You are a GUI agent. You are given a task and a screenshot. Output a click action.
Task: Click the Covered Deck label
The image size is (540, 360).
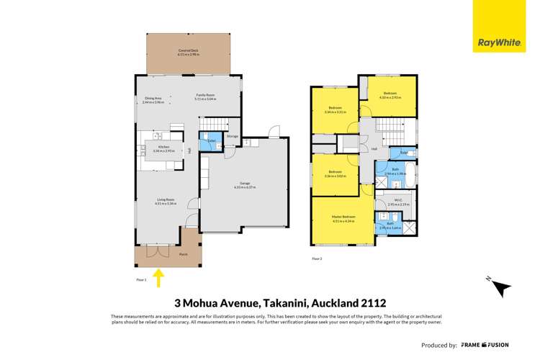(189, 52)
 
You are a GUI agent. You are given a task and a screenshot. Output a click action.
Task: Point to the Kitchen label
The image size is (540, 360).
(164, 149)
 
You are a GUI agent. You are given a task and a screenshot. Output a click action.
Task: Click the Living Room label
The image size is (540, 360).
(165, 202)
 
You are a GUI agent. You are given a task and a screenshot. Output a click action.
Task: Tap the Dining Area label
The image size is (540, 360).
(153, 101)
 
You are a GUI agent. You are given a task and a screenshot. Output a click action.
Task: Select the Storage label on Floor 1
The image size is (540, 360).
(232, 135)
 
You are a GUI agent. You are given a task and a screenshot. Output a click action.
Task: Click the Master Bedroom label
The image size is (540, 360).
(343, 219)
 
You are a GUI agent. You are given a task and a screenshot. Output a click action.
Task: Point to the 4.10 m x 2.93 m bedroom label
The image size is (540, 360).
(390, 95)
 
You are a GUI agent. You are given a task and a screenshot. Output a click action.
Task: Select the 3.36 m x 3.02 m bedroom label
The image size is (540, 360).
(336, 174)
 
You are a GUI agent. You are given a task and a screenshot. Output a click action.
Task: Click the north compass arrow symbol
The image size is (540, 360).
(499, 287)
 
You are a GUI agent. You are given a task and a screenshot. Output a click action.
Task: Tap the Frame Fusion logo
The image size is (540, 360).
(487, 346)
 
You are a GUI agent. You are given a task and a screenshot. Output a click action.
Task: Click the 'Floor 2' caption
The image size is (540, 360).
(317, 257)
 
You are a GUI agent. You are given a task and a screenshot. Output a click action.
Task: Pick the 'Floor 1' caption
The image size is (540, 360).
(141, 279)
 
